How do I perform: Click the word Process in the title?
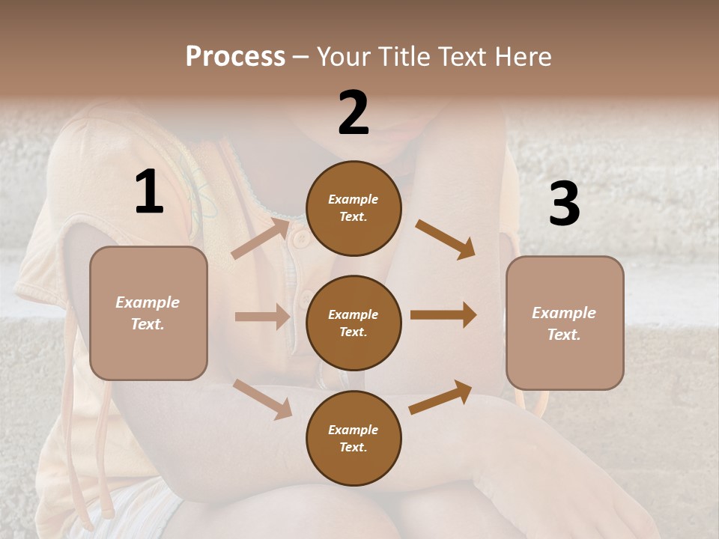click(x=235, y=56)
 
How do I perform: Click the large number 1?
click(x=149, y=192)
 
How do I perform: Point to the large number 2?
click(x=354, y=113)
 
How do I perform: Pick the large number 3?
click(x=564, y=204)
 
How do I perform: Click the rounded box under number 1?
click(x=148, y=313)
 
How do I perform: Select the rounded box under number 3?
click(x=565, y=323)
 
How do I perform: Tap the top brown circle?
click(x=354, y=208)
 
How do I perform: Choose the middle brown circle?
click(x=354, y=323)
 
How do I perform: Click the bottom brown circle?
click(x=354, y=438)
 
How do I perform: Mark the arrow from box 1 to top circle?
click(x=260, y=239)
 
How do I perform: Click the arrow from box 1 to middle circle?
click(x=262, y=317)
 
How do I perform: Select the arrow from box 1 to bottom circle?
click(x=263, y=399)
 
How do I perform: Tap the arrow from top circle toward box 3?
click(x=446, y=239)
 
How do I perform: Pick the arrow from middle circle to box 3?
click(x=443, y=315)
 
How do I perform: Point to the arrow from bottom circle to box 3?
click(x=440, y=398)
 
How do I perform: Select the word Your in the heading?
click(x=342, y=56)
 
